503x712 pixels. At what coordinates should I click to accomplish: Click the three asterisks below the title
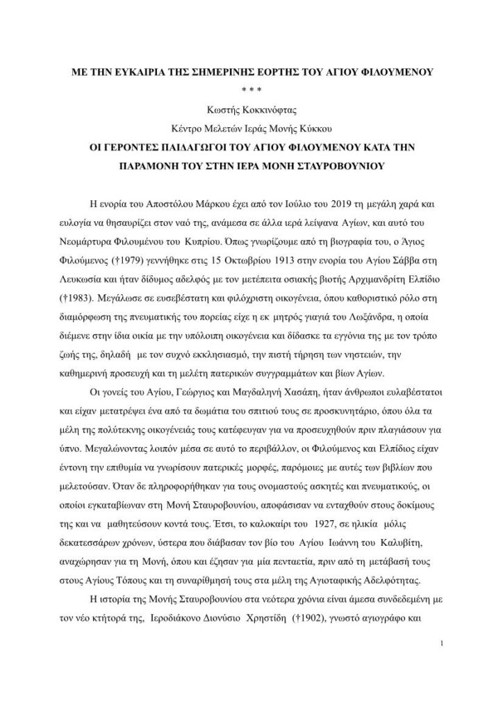coord(251,90)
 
